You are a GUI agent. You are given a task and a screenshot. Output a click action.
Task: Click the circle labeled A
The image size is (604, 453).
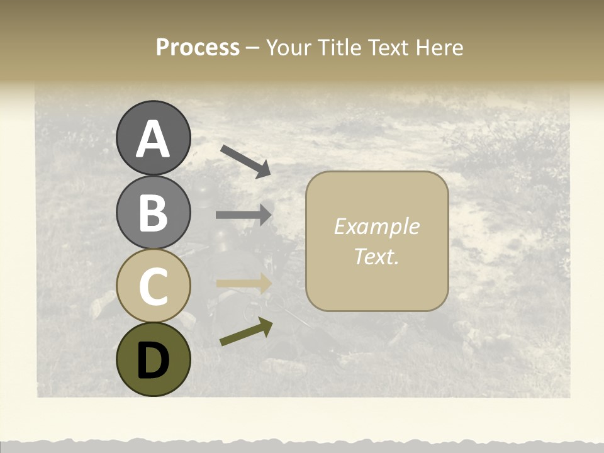click(153, 138)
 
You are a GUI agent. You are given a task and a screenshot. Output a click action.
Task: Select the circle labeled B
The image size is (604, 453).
click(153, 212)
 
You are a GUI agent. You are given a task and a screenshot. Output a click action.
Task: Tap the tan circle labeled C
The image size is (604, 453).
click(153, 286)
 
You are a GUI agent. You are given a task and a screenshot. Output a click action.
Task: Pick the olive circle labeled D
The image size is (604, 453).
click(153, 359)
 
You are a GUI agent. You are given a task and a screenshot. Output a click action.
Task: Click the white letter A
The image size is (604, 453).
click(153, 139)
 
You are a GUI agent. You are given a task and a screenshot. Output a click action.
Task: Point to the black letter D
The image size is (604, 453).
click(153, 361)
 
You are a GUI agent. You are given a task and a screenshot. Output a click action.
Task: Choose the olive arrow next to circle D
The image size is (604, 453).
click(246, 332)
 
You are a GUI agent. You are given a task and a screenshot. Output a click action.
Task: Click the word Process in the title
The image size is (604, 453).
click(198, 48)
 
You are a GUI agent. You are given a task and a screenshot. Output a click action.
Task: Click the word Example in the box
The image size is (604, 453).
click(376, 226)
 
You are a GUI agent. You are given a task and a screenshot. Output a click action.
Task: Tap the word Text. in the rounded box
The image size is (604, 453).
click(376, 256)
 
